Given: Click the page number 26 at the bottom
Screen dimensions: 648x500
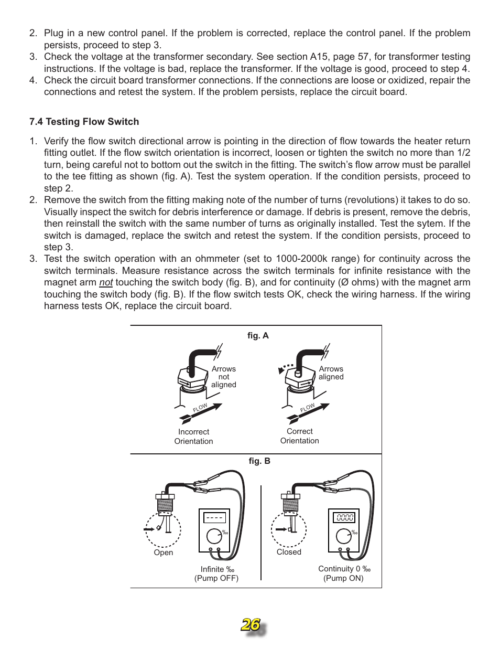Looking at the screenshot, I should coord(251,624).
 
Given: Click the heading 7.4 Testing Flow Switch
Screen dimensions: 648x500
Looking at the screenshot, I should coord(84,122).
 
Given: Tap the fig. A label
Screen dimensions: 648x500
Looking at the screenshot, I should coord(258,336).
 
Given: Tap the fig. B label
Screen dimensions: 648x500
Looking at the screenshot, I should coord(259,461).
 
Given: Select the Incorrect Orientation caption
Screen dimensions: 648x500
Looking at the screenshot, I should coord(193,437).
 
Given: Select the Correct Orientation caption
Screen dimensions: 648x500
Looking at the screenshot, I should coord(299,436).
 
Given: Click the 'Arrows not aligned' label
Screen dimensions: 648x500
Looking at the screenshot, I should coord(224,377).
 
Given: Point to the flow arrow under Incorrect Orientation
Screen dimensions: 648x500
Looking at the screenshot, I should coord(201,413).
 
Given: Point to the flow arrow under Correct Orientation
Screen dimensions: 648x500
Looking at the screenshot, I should coord(308,413).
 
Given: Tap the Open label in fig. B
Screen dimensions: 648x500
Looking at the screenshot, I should coord(164,553).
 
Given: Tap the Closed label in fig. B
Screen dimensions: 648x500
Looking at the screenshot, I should coord(289,552).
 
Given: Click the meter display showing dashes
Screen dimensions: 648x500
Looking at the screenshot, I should coord(215,518).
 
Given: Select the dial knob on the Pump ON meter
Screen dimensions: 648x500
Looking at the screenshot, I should coord(343,536).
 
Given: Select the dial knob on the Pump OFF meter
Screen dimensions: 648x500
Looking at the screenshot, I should coord(214,536).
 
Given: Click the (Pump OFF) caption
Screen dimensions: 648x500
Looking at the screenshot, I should coord(216,578).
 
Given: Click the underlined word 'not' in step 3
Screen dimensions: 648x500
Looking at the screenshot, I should coord(106,282).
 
